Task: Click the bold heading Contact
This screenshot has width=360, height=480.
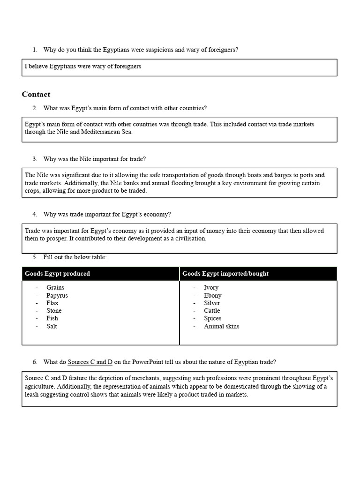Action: point(36,94)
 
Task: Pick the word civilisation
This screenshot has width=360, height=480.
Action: point(188,238)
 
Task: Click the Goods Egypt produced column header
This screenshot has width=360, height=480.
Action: point(57,274)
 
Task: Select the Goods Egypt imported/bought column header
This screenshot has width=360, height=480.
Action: point(225,274)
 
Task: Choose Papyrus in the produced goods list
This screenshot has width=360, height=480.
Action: point(57,295)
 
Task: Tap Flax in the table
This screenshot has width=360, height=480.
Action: point(52,303)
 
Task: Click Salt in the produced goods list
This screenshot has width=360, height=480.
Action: point(52,326)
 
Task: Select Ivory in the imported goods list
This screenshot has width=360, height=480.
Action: point(211,288)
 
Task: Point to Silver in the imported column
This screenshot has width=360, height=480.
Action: point(212,303)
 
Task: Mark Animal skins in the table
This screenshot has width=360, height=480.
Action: point(221,326)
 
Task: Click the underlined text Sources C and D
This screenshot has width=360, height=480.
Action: point(90,362)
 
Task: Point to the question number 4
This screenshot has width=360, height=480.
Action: point(35,214)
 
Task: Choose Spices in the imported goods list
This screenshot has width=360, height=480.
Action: point(212,318)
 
